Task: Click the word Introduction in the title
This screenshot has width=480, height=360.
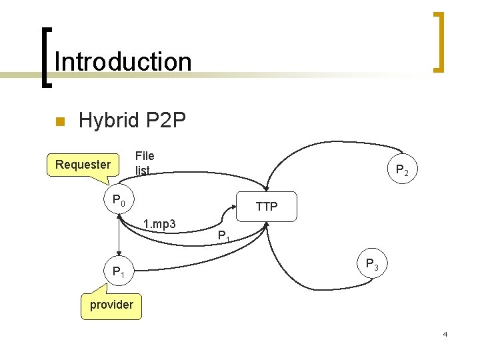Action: (x=123, y=62)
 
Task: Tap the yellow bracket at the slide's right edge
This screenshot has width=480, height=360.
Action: (x=439, y=41)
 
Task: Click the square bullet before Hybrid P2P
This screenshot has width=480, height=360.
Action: (x=59, y=122)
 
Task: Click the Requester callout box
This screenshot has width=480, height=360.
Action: (x=83, y=164)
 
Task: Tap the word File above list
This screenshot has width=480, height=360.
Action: (x=145, y=156)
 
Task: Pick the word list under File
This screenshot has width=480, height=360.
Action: (x=142, y=170)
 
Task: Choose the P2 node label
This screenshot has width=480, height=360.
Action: (x=402, y=171)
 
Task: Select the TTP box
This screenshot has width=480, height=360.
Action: (x=266, y=207)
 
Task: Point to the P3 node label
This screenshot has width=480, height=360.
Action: (x=372, y=265)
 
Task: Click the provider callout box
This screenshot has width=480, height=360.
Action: (x=111, y=305)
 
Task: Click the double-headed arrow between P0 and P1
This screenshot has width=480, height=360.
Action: (x=119, y=233)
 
